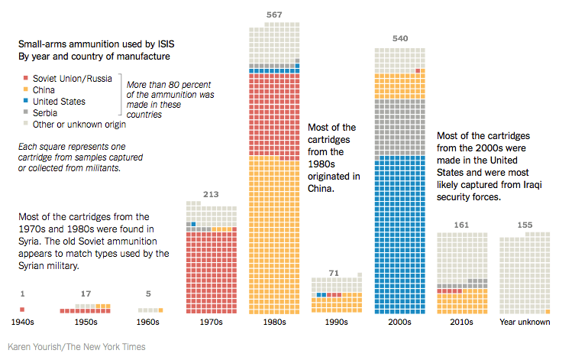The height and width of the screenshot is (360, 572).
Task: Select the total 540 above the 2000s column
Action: pyautogui.click(x=399, y=37)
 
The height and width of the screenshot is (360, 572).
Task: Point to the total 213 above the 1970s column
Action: pyautogui.click(x=211, y=193)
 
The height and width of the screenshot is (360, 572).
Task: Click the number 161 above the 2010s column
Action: pyautogui.click(x=461, y=225)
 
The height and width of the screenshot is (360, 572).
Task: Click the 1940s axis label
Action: pyautogui.click(x=23, y=323)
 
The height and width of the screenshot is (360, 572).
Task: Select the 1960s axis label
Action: pyautogui.click(x=149, y=323)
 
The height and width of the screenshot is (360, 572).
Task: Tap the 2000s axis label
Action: pyautogui.click(x=399, y=323)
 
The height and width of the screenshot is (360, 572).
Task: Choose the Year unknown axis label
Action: pyautogui.click(x=525, y=323)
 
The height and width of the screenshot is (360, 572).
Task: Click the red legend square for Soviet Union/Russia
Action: pyautogui.click(x=26, y=78)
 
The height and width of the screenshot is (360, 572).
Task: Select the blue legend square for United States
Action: pyautogui.click(x=26, y=101)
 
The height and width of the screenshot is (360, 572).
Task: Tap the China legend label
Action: pyautogui.click(x=44, y=89)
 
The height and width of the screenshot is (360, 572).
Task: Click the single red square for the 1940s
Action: pyautogui.click(x=22, y=310)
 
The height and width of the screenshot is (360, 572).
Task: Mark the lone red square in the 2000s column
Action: pyautogui.click(x=418, y=71)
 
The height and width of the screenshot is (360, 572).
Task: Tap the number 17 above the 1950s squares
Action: pyautogui.click(x=86, y=294)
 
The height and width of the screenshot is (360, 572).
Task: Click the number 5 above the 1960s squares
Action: pyautogui.click(x=148, y=294)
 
